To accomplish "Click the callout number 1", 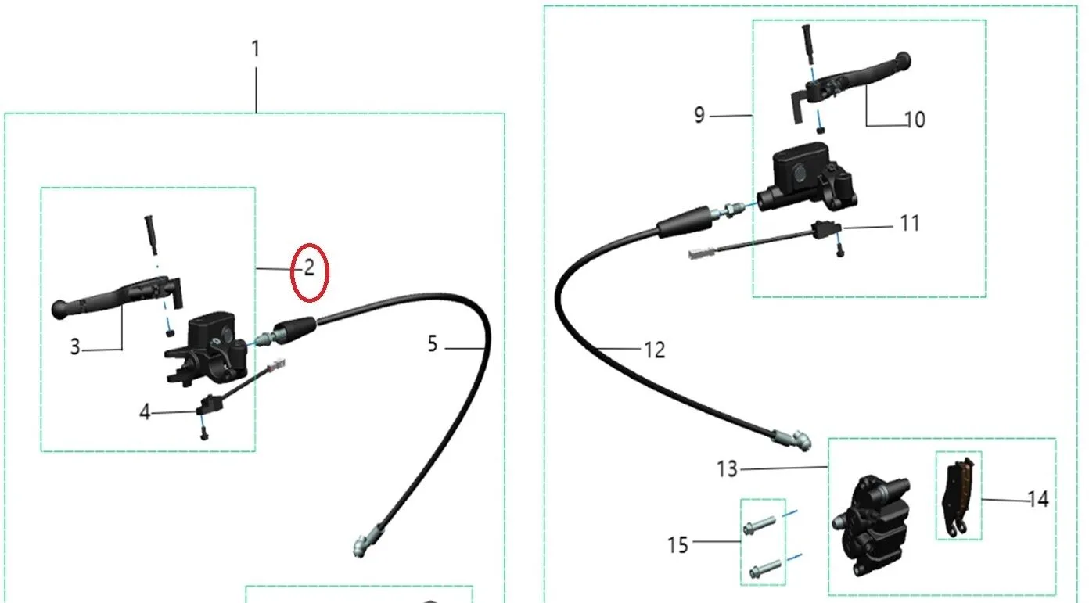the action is [256, 48].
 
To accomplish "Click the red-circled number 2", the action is [310, 268].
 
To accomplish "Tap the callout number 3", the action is [75, 347].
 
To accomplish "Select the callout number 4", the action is [145, 412].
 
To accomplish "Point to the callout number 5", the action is [433, 344].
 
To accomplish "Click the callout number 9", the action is [699, 115].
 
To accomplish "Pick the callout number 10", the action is [915, 120].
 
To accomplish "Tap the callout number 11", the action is [910, 224].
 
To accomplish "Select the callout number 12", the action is [654, 350].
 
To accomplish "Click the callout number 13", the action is [728, 469].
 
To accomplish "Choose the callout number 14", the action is [1038, 500].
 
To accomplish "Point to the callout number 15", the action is [677, 545].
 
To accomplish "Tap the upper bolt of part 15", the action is [760, 526].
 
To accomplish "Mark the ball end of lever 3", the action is [60, 310].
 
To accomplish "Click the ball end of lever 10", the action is [902, 61].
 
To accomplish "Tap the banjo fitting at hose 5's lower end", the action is [365, 544].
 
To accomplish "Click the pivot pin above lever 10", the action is [807, 44].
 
